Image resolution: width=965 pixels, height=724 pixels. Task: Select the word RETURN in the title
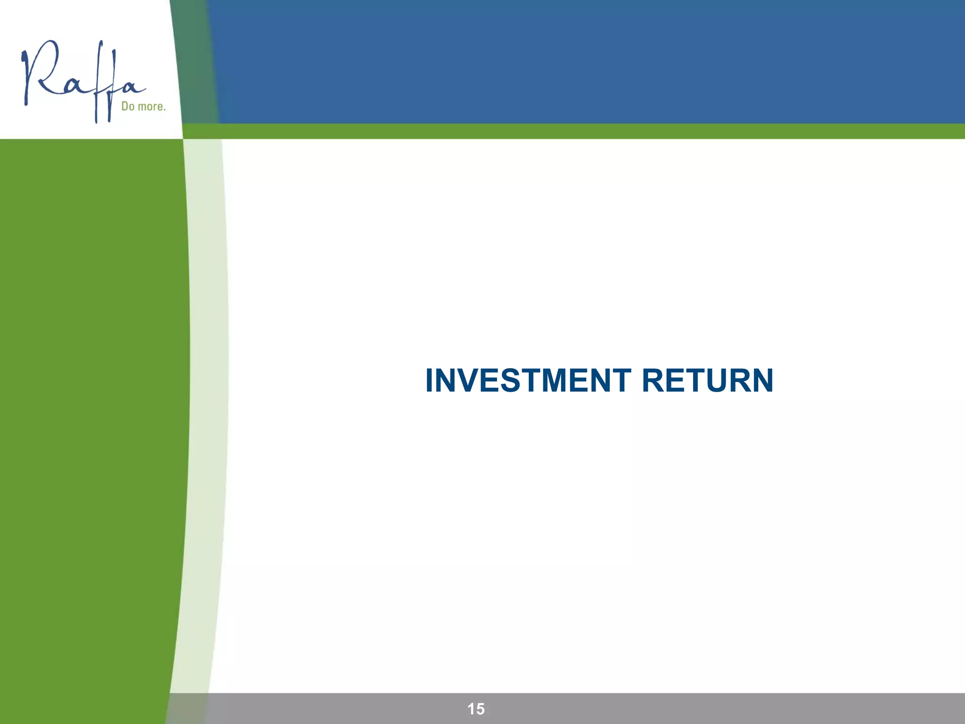707,380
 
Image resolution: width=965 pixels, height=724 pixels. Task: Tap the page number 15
476,708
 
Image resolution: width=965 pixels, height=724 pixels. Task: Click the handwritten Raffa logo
82,80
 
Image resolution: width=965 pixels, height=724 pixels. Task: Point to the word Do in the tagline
128,106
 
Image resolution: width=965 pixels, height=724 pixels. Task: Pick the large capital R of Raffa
42,71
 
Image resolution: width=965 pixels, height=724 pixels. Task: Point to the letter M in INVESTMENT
559,380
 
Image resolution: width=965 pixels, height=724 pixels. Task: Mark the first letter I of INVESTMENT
429,380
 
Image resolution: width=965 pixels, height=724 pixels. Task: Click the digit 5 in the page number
480,708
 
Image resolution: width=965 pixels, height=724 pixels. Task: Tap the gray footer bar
707,708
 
